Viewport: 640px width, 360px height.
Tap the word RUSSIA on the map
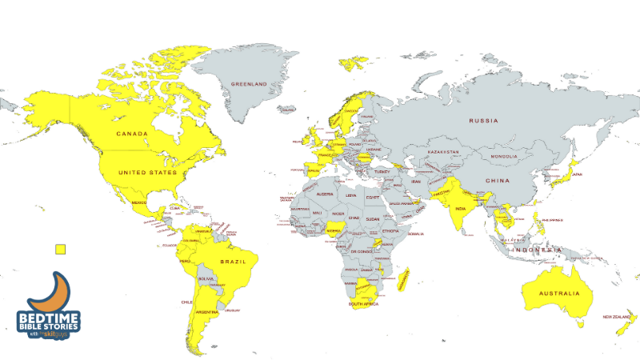(x=484, y=122)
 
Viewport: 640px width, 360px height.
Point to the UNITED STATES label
(x=147, y=172)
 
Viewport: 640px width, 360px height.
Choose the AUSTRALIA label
(x=559, y=294)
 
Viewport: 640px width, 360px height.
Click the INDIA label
(x=461, y=209)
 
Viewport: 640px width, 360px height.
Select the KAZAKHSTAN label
(x=444, y=151)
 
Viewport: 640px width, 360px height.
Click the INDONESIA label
(x=538, y=251)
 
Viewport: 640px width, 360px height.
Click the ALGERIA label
(x=325, y=194)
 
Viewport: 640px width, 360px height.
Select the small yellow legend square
(x=59, y=249)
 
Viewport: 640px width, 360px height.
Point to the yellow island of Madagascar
(x=405, y=277)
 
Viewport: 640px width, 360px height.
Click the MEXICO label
(x=141, y=202)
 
